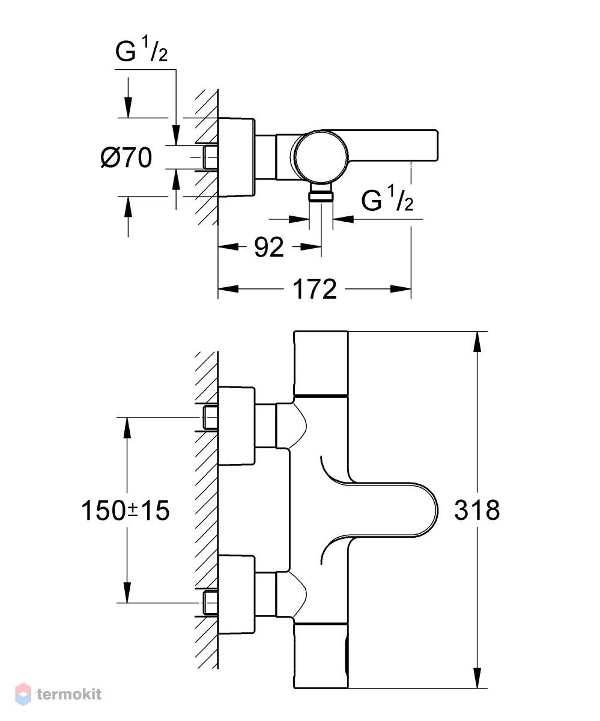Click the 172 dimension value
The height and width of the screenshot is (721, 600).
click(x=314, y=289)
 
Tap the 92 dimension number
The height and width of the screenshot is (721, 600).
click(x=269, y=247)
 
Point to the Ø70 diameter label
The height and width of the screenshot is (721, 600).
click(x=126, y=157)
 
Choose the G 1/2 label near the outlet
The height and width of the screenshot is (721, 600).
click(x=387, y=198)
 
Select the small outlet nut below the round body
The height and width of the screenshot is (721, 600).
click(x=321, y=197)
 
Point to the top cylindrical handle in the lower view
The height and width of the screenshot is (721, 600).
click(x=321, y=363)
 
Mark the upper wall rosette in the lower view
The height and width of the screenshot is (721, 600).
click(x=237, y=426)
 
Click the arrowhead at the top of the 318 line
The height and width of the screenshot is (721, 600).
click(x=477, y=342)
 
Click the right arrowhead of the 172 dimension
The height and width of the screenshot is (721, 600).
click(x=401, y=289)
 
